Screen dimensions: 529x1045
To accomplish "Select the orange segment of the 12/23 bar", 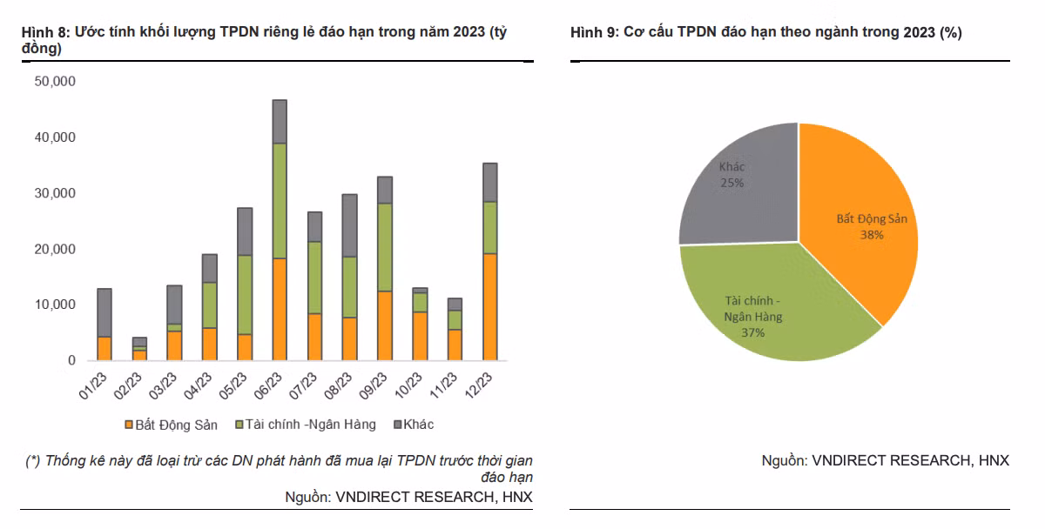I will (489, 306).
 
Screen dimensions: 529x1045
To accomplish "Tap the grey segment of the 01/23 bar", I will (104, 312).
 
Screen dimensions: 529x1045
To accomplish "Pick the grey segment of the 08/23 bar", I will (349, 225).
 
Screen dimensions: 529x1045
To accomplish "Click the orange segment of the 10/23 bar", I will (420, 336).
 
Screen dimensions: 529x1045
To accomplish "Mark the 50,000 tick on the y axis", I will (55, 82).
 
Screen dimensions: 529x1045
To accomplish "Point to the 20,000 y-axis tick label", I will (55, 249).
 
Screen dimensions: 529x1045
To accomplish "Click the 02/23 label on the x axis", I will (130, 385).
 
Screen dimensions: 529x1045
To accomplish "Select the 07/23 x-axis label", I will (305, 385).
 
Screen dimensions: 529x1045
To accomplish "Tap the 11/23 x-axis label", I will (445, 385).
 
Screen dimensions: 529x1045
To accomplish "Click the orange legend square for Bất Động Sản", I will (128, 425).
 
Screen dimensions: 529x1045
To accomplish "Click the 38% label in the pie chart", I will (872, 235).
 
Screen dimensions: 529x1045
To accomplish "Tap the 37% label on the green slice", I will (753, 332).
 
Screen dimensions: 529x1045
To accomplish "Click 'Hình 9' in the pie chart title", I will (593, 32).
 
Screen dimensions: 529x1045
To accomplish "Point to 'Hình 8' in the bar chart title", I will (44, 32).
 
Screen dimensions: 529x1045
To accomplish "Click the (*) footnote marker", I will (33, 460).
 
